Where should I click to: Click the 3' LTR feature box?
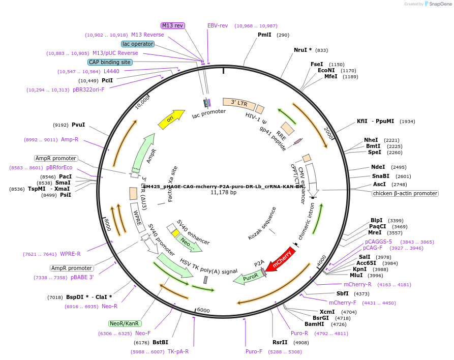click(x=239, y=103)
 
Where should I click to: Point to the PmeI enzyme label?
click(x=264, y=35)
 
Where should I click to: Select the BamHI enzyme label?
click(x=314, y=324)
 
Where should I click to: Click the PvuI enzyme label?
click(x=78, y=125)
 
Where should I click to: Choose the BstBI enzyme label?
click(x=160, y=342)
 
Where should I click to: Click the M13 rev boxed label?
click(x=173, y=25)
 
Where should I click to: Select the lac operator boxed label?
click(x=137, y=44)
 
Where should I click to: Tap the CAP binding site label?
click(x=109, y=62)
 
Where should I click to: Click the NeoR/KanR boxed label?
click(x=125, y=323)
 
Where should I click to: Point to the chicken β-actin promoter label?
click(x=405, y=193)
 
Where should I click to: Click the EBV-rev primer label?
click(x=218, y=25)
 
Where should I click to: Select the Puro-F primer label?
click(x=254, y=351)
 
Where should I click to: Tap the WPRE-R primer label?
click(x=70, y=254)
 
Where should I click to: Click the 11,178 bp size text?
click(x=224, y=193)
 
